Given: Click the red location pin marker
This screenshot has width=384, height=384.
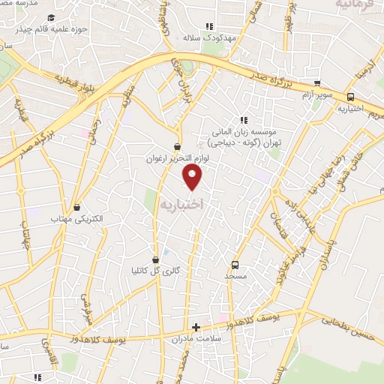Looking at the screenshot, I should (x=193, y=177).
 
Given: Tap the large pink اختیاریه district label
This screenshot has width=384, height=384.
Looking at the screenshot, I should (x=181, y=202).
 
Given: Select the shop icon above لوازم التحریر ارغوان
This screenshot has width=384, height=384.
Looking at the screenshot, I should (x=177, y=146).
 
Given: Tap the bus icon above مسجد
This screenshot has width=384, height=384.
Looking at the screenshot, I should (x=235, y=264).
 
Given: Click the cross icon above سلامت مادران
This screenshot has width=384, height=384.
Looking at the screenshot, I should (x=196, y=327).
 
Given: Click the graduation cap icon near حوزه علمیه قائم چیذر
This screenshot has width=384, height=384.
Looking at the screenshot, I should (x=49, y=18).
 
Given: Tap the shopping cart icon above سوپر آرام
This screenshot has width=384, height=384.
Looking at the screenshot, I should (x=318, y=84).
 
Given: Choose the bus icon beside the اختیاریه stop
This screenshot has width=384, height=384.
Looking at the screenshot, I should (x=350, y=96).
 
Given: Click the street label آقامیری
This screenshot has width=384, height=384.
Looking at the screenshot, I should (x=46, y=350).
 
